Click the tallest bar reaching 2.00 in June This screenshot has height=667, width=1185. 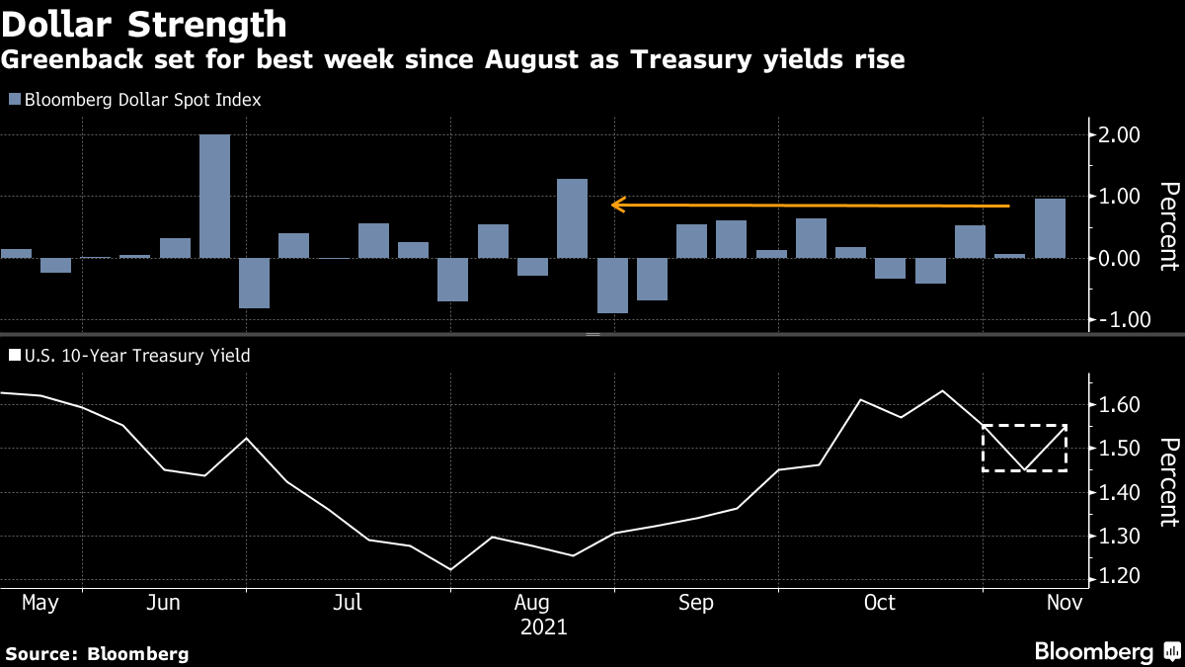214,196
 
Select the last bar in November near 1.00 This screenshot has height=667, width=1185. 1050,228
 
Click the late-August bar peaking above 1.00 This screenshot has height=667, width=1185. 572,218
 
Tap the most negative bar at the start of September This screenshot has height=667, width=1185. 612,286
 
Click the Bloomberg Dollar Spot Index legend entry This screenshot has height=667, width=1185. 134,100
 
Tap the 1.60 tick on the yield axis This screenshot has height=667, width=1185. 1120,405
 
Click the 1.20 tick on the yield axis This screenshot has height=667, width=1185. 1120,576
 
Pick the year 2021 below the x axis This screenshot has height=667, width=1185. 543,626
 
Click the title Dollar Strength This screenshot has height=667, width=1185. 144,24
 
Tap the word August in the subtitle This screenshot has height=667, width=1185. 537,60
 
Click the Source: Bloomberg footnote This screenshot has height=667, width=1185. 97,653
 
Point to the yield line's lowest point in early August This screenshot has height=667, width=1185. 451,569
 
